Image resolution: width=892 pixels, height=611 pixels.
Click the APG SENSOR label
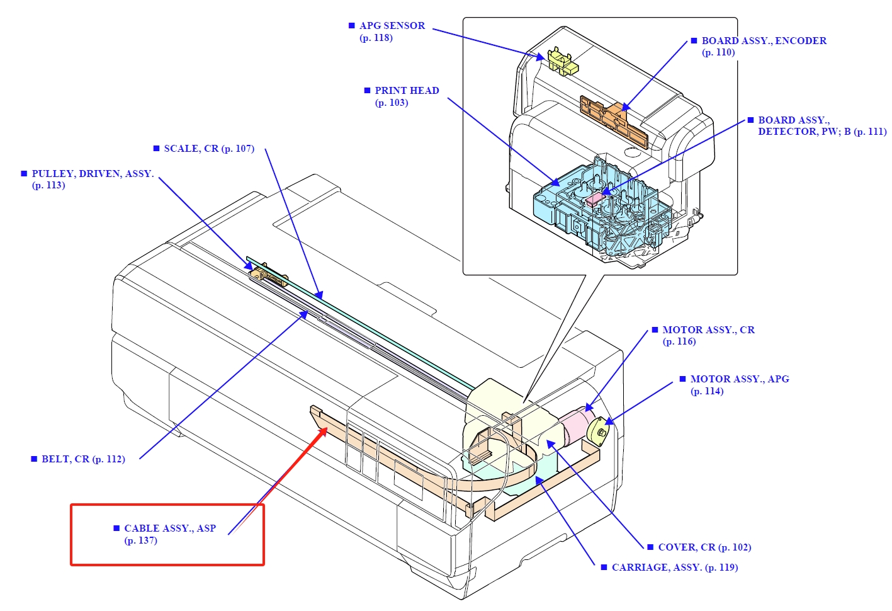392,26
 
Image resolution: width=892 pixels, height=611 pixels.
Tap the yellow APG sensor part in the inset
560,61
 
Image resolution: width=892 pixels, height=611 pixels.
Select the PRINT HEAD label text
407,91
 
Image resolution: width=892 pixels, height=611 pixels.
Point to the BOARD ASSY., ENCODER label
764,41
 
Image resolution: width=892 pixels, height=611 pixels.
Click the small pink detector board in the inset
594,200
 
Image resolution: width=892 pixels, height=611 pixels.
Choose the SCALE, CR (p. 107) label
208,149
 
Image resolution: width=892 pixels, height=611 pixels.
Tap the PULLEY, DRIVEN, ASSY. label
93,174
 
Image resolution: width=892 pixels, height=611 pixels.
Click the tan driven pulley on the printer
268,276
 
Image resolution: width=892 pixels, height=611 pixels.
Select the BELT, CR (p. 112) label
83,459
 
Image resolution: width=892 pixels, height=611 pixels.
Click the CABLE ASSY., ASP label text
170,528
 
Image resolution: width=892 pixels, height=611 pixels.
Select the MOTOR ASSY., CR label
708,330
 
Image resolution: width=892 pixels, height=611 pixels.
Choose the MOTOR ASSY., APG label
739,379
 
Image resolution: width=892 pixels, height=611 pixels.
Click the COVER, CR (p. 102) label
704,547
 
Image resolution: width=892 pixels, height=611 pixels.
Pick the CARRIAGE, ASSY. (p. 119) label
674,568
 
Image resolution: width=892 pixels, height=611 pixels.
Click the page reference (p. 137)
140,540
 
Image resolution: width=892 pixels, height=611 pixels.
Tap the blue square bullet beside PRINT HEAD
368,91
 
